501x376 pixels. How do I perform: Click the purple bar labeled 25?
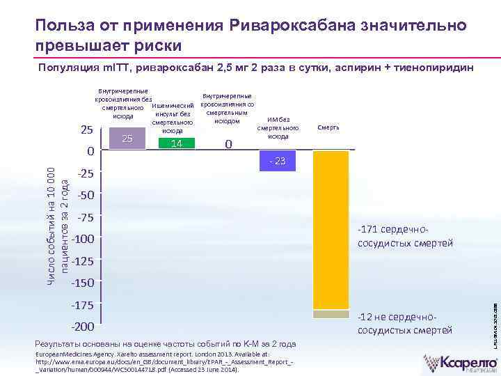pyautogui.click(x=127, y=139)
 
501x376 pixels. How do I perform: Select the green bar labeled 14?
pyautogui.click(x=177, y=143)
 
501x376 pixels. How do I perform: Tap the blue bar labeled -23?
pyautogui.click(x=278, y=161)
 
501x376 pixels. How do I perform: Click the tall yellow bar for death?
pyautogui.click(x=331, y=230)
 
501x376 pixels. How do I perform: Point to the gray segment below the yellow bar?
pyautogui.click(x=331, y=314)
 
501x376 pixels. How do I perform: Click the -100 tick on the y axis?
pyautogui.click(x=88, y=240)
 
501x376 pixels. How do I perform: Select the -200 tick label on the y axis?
pyautogui.click(x=88, y=327)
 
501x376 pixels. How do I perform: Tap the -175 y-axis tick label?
pyautogui.click(x=88, y=305)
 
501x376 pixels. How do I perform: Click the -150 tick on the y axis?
pyautogui.click(x=88, y=283)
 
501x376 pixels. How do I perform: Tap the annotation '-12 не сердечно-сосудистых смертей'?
pyautogui.click(x=405, y=323)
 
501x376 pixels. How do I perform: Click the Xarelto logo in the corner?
pyautogui.click(x=461, y=363)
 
